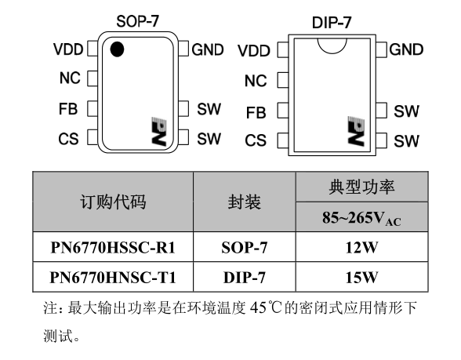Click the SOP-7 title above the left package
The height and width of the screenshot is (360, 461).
(138, 21)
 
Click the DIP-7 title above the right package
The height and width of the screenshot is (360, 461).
(332, 23)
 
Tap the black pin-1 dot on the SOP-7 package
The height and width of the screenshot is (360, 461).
(117, 49)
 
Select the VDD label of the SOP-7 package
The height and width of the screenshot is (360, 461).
(68, 49)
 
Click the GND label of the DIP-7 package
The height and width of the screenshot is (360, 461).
(406, 49)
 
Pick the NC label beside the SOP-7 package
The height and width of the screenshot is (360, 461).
(70, 78)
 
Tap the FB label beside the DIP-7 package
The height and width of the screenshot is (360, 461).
(256, 113)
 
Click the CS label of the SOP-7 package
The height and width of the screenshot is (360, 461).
(68, 139)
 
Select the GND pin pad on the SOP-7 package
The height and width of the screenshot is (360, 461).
(183, 49)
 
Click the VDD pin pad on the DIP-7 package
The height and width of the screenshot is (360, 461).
(283, 50)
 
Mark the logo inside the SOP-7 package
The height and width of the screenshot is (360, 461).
(158, 131)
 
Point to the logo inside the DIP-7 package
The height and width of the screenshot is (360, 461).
(356, 130)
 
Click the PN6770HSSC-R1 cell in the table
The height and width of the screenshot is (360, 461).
(113, 247)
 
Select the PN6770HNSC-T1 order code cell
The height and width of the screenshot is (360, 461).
(113, 277)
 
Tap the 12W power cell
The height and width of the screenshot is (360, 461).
(361, 247)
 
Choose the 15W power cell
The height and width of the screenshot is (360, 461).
(361, 277)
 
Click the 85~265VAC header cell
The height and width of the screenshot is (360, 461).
(361, 217)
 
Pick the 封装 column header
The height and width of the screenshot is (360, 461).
(245, 202)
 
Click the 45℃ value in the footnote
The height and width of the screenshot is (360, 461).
(267, 308)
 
